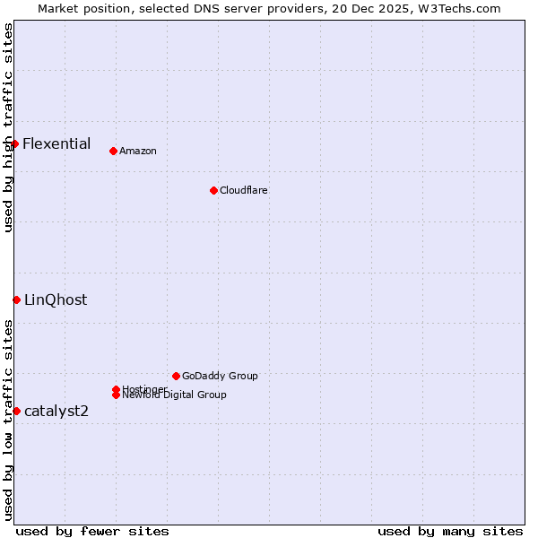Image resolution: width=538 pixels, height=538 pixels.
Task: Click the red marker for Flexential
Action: coord(14,143)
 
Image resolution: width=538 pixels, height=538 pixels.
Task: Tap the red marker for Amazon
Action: coord(113,151)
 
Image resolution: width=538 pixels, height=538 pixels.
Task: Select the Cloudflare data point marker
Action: coord(213,190)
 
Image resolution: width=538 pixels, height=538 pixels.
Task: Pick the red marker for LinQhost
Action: coord(16,299)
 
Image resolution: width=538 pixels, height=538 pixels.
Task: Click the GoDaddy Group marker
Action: coord(176,376)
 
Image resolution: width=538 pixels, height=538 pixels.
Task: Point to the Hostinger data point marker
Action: coord(117,389)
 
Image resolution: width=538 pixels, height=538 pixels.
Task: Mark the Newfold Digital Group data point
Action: coord(117,395)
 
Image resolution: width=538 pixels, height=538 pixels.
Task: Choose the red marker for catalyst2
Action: coord(16,411)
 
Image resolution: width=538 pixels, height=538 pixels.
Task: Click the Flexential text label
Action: coord(56,143)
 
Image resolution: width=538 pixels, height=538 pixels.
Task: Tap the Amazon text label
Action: coord(138,151)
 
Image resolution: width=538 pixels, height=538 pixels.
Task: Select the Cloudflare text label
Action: coord(244,190)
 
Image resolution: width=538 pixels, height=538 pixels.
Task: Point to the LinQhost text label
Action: coord(56,299)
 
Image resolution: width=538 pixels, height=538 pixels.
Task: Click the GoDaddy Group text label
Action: coord(220,376)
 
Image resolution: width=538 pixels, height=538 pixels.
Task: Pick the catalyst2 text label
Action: coord(56,411)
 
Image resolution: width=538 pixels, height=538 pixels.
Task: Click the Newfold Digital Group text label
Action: coord(175,395)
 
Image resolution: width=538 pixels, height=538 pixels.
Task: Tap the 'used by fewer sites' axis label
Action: coord(92,531)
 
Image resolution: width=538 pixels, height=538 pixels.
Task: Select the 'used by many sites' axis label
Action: coord(450,531)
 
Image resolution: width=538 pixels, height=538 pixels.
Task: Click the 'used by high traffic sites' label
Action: coord(9,128)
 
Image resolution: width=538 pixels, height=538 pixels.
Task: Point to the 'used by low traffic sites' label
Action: coord(9,420)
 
